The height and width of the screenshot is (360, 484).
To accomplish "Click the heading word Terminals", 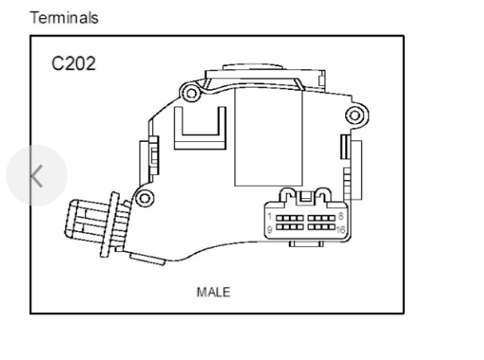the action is (64, 17).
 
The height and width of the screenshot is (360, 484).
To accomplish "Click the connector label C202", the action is (74, 64).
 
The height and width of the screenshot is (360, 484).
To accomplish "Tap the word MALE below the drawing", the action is (213, 292).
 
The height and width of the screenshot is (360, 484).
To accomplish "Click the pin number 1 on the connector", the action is (270, 216).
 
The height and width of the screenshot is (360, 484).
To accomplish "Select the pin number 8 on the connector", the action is (341, 216).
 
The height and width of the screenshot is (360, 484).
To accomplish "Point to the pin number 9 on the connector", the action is (269, 230).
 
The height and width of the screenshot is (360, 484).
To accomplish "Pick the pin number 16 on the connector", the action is (341, 230).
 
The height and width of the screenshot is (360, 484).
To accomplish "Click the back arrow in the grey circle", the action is (36, 176).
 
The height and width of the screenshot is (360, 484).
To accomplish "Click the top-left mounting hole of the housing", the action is (191, 92).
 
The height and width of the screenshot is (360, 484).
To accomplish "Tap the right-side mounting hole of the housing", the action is (355, 116).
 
